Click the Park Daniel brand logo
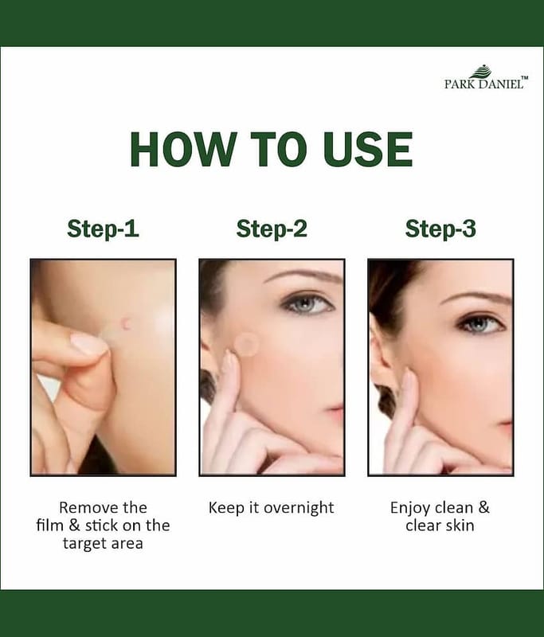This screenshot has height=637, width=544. pos(487,77)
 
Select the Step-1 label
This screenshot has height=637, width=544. pos(103,229)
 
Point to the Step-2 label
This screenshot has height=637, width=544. pos(272,229)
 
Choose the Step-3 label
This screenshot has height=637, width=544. pos(440,229)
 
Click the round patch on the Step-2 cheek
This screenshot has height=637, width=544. pos(246,344)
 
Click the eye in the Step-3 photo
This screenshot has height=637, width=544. pos(483,323)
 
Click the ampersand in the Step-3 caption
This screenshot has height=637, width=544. pos(483,507)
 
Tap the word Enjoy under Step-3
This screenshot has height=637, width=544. pos(410,509)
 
